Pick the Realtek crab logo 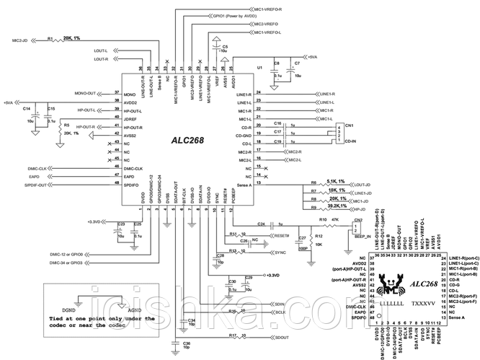tap(382, 284)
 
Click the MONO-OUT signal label tap(85, 94)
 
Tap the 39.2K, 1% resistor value tap(329, 205)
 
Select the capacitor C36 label tap(186, 343)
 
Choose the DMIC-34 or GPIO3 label tap(71, 264)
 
